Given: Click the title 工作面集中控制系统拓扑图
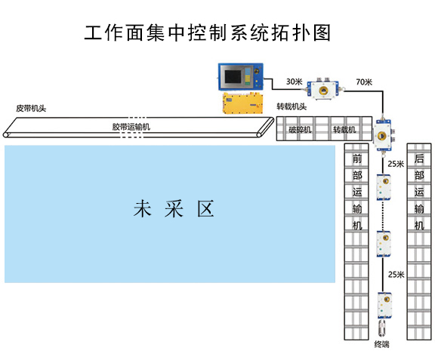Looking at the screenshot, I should coord(208,33).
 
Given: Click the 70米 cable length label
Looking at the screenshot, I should coord(363,81).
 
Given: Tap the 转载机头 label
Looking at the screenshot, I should coord(291,106).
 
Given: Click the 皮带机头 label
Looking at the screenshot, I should coord(31,108).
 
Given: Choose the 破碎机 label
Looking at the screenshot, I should coord(300,129).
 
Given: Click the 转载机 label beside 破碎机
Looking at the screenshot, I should coord(344,129).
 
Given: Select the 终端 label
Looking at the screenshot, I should coord(382,345).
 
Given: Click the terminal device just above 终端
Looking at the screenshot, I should coord(383,327).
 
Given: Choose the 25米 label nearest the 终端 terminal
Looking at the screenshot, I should coord(395,274).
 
